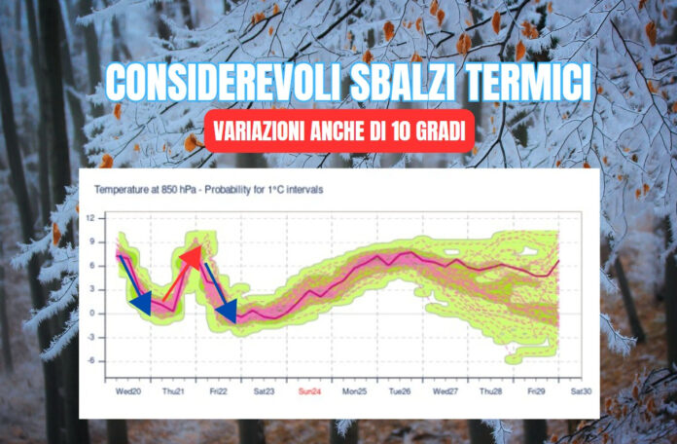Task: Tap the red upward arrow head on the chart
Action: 192,258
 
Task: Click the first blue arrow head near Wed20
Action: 141,304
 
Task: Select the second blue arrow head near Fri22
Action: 227,310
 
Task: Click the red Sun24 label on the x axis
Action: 309,391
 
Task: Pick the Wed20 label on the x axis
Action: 128,391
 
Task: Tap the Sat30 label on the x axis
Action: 581,391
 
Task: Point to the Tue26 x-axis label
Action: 400,391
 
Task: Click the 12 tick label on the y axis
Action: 89,218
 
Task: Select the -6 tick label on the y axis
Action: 89,361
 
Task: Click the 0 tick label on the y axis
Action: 91,314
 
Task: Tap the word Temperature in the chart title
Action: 119,190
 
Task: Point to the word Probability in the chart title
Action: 225,190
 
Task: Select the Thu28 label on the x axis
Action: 491,391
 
